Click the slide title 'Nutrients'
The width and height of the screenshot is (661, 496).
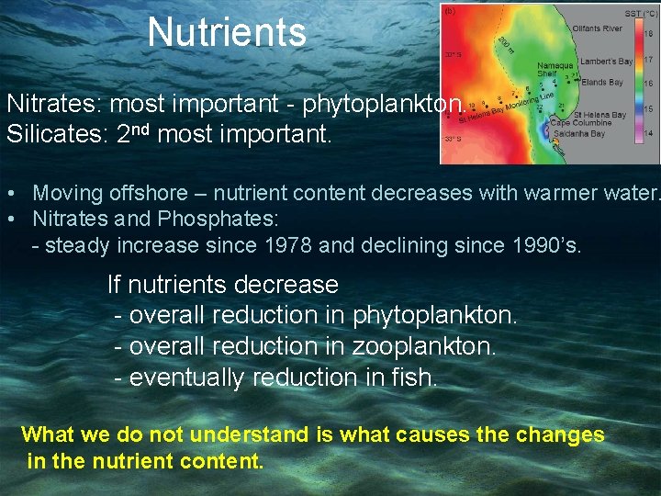click(x=227, y=32)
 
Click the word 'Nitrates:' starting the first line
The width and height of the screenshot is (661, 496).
click(x=54, y=104)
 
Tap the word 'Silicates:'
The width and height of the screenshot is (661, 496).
click(x=58, y=133)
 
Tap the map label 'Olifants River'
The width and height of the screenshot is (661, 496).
click(x=596, y=28)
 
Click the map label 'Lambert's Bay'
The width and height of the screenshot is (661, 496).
click(x=607, y=61)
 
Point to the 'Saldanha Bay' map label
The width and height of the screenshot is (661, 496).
click(x=578, y=134)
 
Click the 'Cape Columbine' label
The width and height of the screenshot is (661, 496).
click(x=580, y=123)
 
